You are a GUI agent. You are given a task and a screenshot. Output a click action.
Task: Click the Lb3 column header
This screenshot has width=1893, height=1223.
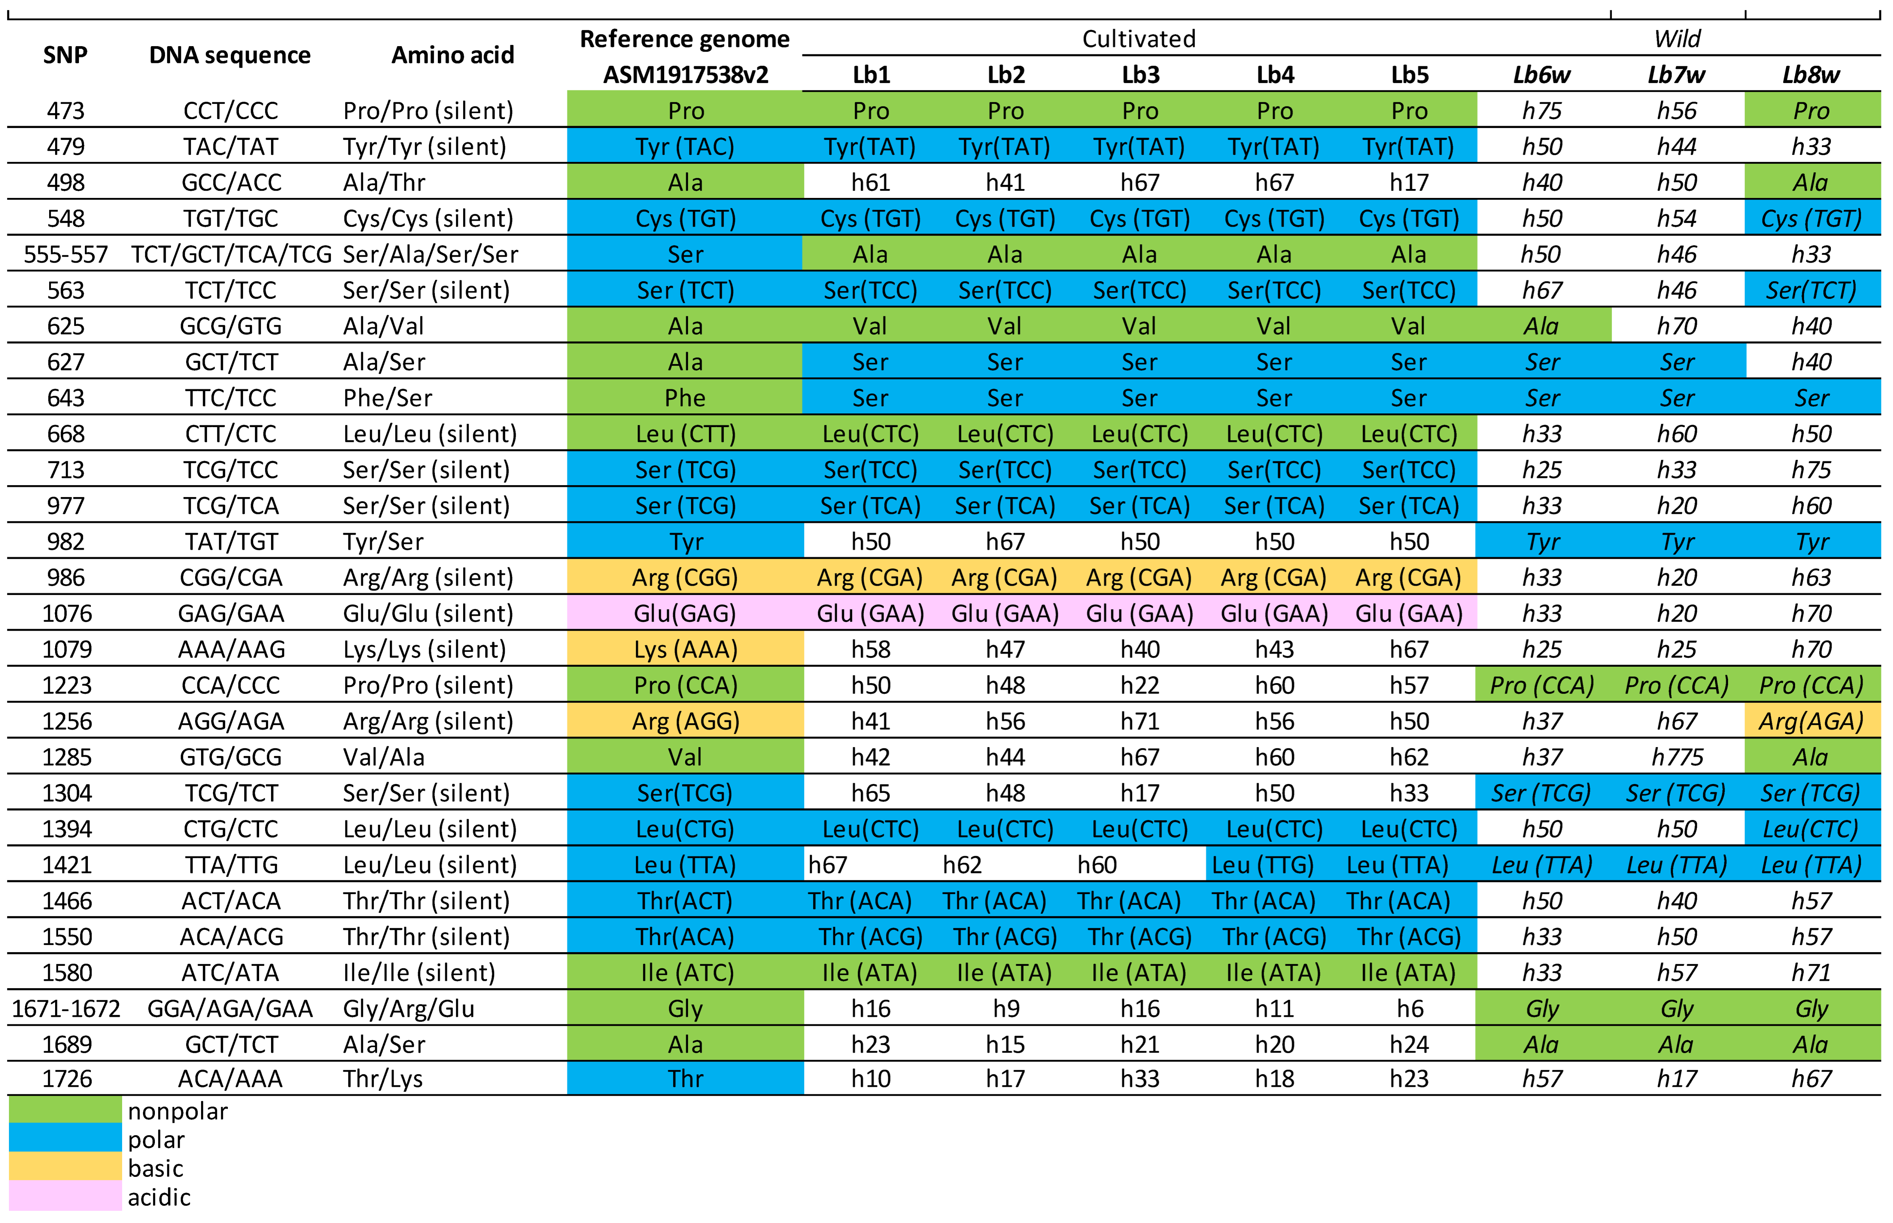pyautogui.click(x=1140, y=75)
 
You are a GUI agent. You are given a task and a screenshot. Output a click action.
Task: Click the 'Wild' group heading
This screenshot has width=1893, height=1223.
pyautogui.click(x=1677, y=39)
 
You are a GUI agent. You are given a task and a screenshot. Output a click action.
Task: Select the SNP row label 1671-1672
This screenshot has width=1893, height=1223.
pyautogui.click(x=66, y=1009)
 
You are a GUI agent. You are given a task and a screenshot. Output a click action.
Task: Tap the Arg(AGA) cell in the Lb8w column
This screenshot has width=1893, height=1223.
pyautogui.click(x=1811, y=721)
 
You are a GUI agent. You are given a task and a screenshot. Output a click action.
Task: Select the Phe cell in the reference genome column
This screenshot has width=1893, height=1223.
pyautogui.click(x=685, y=398)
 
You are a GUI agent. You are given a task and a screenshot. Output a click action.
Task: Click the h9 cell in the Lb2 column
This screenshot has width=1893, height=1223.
pyautogui.click(x=1006, y=1009)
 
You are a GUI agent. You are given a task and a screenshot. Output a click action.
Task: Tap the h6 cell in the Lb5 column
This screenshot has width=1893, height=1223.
pyautogui.click(x=1409, y=1009)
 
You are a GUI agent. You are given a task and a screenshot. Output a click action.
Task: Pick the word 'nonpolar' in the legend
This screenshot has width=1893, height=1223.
pyautogui.click(x=178, y=1111)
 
